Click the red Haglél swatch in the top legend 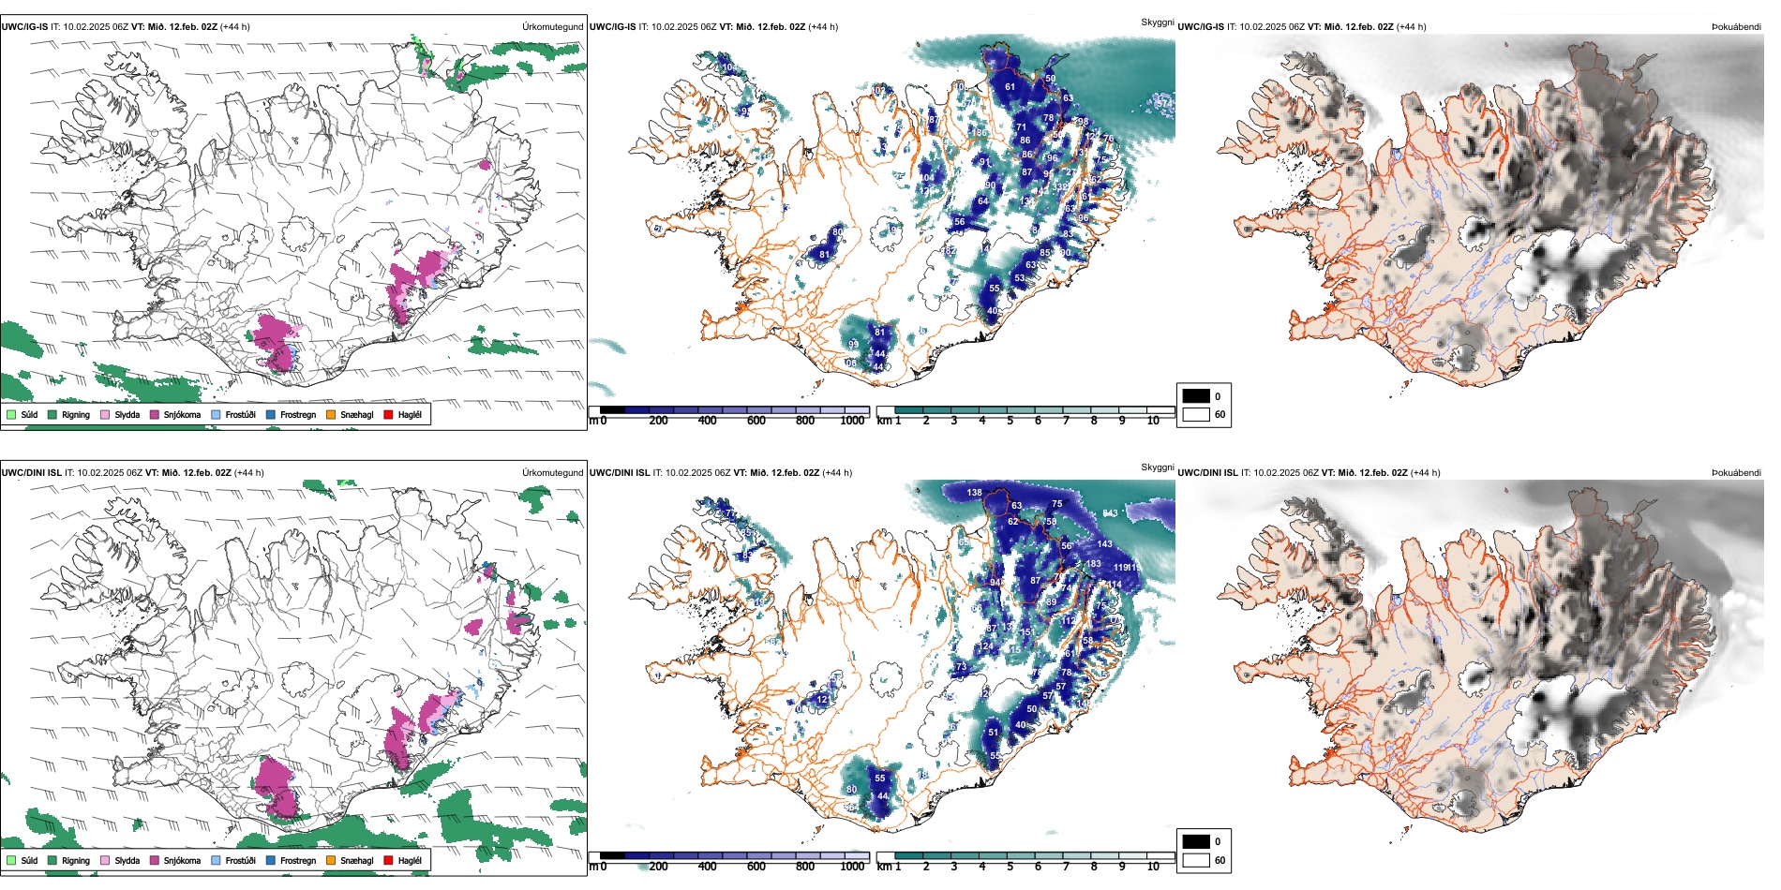click(388, 414)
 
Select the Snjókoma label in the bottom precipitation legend click(182, 860)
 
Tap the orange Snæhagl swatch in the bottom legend click(331, 860)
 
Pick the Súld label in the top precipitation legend click(29, 414)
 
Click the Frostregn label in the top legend click(298, 414)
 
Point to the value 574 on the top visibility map click(1163, 103)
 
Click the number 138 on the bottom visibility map click(975, 492)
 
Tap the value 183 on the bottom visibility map click(1093, 564)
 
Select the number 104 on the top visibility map click(926, 177)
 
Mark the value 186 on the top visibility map click(979, 133)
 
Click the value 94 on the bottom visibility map click(995, 582)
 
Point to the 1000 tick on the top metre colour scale click(852, 421)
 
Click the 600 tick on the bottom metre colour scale click(756, 867)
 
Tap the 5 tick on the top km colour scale click(1010, 421)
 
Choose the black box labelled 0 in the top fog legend click(1196, 396)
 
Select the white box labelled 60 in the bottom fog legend click(1196, 860)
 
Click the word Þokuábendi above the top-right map click(1736, 27)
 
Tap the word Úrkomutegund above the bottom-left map click(552, 473)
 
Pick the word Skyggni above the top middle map click(1157, 22)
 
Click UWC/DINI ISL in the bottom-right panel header click(1207, 473)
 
